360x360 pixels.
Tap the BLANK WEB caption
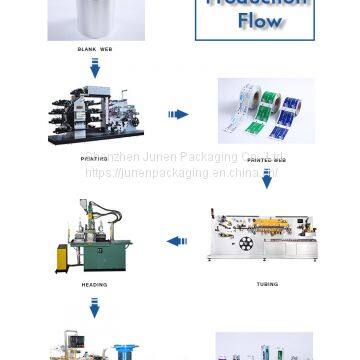(x=94, y=47)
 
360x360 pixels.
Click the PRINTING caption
(x=94, y=158)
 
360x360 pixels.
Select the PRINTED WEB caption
(x=266, y=158)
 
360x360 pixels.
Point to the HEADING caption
(x=94, y=284)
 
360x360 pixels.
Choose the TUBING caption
(x=267, y=284)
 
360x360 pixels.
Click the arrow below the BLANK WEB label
(x=95, y=69)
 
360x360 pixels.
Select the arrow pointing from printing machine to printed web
(x=178, y=115)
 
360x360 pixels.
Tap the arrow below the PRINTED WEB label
(x=267, y=179)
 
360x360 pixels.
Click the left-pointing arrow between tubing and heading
(x=177, y=241)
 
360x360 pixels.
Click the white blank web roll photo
(x=95, y=18)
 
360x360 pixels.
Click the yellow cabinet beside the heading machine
(x=62, y=258)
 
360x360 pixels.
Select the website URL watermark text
(x=180, y=172)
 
